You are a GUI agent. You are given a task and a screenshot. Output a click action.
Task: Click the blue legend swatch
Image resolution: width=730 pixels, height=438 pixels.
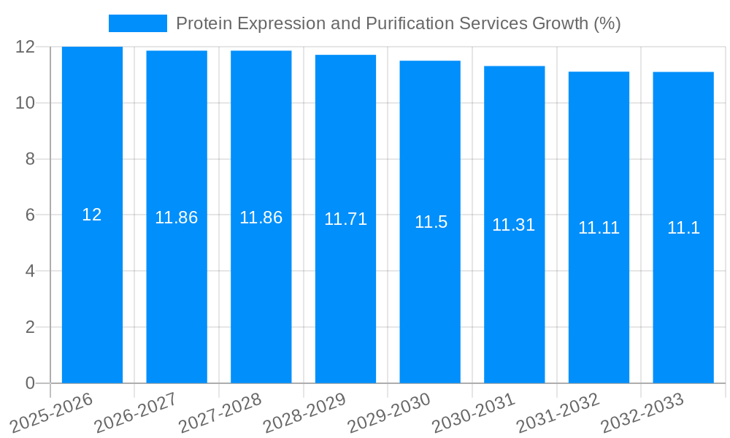pos(137,23)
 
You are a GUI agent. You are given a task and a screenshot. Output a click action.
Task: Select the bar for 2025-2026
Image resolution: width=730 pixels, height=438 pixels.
pos(92,292)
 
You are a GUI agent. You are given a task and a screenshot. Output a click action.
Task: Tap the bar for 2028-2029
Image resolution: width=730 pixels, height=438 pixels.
pos(345,292)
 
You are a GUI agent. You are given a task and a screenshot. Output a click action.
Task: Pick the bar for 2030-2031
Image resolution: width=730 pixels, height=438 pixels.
pos(514,292)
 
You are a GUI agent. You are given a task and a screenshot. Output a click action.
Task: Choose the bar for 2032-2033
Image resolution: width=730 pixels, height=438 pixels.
pos(683,292)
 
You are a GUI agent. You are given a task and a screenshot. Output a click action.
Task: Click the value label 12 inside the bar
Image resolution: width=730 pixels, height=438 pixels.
pos(92,215)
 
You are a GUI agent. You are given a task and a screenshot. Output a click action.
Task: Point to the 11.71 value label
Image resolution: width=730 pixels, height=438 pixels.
pos(345,219)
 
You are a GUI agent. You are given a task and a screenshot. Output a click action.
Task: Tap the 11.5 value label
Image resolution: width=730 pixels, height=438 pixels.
pos(431,222)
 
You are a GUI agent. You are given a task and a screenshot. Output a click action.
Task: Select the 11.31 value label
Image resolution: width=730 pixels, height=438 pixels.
pos(514,225)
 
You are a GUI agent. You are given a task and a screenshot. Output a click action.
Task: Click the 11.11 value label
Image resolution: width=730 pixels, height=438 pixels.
pos(599,228)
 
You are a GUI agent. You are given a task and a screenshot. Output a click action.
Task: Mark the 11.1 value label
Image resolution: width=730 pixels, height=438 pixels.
pos(683,228)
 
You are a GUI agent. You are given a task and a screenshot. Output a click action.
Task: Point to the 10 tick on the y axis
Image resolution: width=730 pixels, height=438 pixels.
pos(26,103)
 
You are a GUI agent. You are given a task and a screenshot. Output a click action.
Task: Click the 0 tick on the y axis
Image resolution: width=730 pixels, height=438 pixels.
pos(30,383)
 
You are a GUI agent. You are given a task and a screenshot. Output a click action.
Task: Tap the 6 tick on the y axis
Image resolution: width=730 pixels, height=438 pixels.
pos(30,215)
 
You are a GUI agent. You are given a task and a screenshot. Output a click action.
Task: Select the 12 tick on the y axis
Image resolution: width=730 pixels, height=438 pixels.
pos(26,47)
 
